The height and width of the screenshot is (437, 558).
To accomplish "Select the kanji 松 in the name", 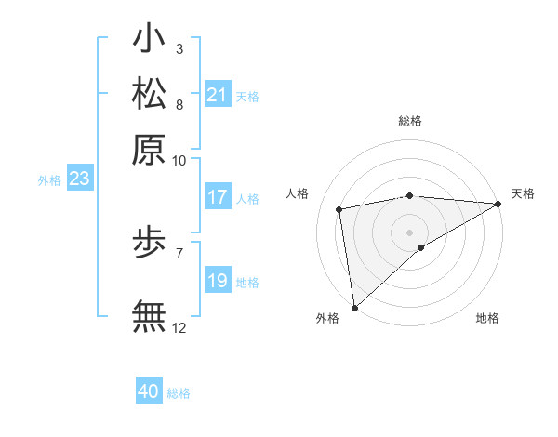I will pyautogui.click(x=149, y=95).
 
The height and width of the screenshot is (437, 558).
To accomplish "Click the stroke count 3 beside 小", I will pyautogui.click(x=179, y=48).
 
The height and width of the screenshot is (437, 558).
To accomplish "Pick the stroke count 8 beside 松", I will pyautogui.click(x=179, y=105).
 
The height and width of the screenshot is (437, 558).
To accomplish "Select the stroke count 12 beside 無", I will pyautogui.click(x=179, y=327).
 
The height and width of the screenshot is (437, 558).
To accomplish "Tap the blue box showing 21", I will pyautogui.click(x=218, y=95).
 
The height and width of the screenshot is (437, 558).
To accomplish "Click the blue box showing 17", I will pyautogui.click(x=218, y=198).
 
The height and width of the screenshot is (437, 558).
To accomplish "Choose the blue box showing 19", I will pyautogui.click(x=218, y=281).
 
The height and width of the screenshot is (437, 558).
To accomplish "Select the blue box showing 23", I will pyautogui.click(x=79, y=179).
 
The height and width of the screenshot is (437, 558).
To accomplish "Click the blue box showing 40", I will pyautogui.click(x=149, y=391).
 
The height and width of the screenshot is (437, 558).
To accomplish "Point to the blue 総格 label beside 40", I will pyautogui.click(x=179, y=393).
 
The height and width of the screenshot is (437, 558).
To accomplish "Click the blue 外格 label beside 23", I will pyautogui.click(x=49, y=180).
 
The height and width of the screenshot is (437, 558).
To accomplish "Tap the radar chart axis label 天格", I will pyautogui.click(x=523, y=193).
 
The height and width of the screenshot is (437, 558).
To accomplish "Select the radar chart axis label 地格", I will pyautogui.click(x=487, y=319).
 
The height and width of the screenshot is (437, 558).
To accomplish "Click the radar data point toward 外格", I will pyautogui.click(x=354, y=307).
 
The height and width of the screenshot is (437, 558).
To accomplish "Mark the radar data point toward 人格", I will pyautogui.click(x=339, y=209).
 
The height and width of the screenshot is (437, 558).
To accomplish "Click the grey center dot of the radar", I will pyautogui.click(x=409, y=232).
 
